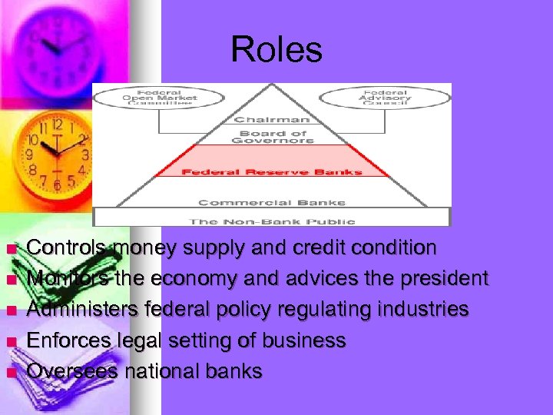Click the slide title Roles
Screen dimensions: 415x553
coord(276,50)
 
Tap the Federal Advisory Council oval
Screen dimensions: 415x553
coord(385,98)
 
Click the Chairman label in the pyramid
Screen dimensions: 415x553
coord(272,120)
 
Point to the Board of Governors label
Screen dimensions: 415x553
coord(272,137)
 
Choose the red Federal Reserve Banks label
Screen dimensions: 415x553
coord(272,171)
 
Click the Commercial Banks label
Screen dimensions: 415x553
coord(272,203)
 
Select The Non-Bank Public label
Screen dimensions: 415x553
coord(272,221)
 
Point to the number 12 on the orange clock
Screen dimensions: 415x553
coord(57,124)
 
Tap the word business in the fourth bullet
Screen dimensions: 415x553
coord(304,340)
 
